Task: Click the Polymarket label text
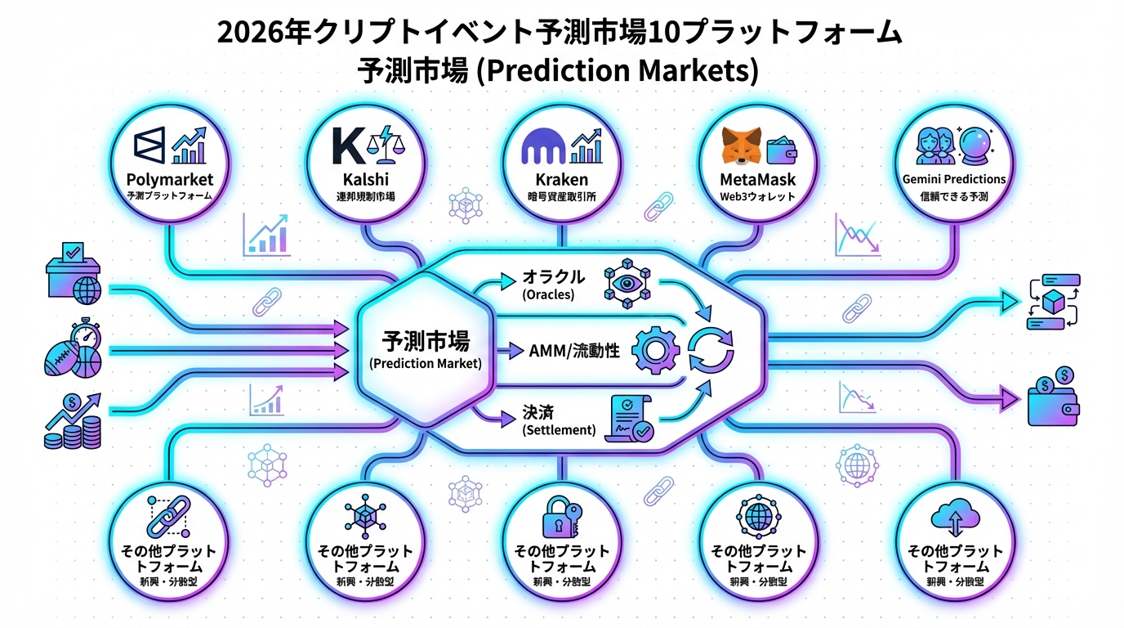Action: pyautogui.click(x=170, y=179)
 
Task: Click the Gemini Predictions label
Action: pyautogui.click(x=954, y=179)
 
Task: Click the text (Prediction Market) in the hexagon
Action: pyautogui.click(x=425, y=364)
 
